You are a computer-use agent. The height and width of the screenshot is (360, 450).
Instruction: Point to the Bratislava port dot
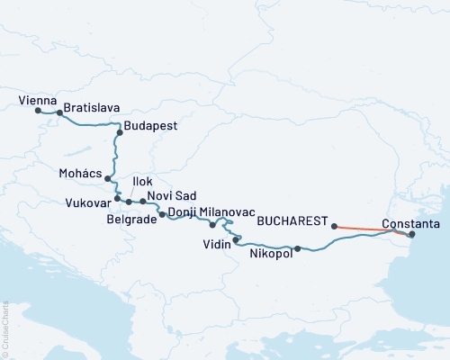(59, 113)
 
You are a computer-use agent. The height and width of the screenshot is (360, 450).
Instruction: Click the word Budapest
(150, 126)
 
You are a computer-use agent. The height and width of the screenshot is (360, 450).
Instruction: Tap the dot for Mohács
(108, 178)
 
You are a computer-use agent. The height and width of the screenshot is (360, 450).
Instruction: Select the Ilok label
(142, 182)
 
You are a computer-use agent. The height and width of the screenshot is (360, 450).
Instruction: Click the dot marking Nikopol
(297, 248)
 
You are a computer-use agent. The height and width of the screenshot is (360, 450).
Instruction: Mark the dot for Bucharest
(334, 227)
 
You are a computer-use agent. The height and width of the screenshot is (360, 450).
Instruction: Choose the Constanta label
(410, 222)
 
